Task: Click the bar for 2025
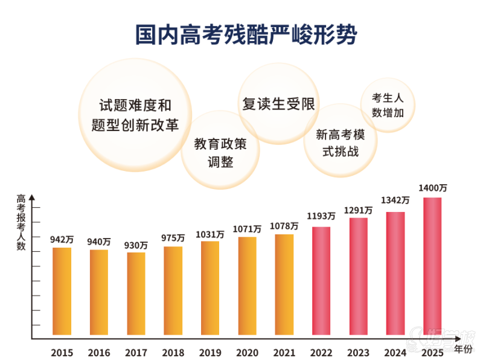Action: click(x=432, y=269)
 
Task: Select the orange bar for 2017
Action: click(x=136, y=296)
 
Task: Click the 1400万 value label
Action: click(x=433, y=188)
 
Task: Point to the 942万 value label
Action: click(x=62, y=240)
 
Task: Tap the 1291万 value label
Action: click(x=359, y=210)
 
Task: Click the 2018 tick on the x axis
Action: click(x=173, y=352)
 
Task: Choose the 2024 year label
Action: click(x=395, y=352)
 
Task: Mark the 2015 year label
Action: click(x=62, y=352)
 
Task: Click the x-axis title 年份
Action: click(x=463, y=349)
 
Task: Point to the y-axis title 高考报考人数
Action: click(x=21, y=222)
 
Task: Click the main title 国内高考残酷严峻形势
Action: click(x=246, y=34)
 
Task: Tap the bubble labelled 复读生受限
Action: click(x=278, y=104)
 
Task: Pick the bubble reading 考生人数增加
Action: click(x=387, y=104)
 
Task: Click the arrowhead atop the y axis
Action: click(x=32, y=196)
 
